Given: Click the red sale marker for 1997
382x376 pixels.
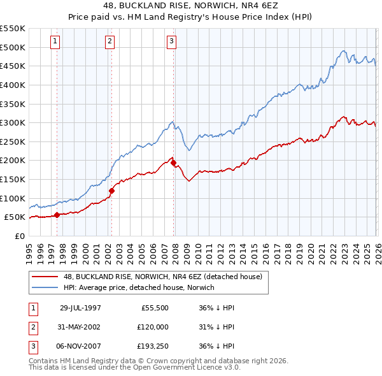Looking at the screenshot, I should coord(57,215).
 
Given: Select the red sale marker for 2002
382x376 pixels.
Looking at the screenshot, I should coord(111,190).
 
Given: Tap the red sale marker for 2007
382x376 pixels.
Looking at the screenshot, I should coord(173,163).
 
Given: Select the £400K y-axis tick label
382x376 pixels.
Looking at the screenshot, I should coord(12,85).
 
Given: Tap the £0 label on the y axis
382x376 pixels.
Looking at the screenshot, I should coord(19,236).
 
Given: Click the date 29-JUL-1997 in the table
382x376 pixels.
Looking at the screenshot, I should coord(80,307).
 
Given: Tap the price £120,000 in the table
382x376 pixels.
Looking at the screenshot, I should coord(153,327).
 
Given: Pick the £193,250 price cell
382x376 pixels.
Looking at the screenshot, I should coord(153,347).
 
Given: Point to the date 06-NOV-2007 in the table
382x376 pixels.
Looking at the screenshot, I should coord(80,347).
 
